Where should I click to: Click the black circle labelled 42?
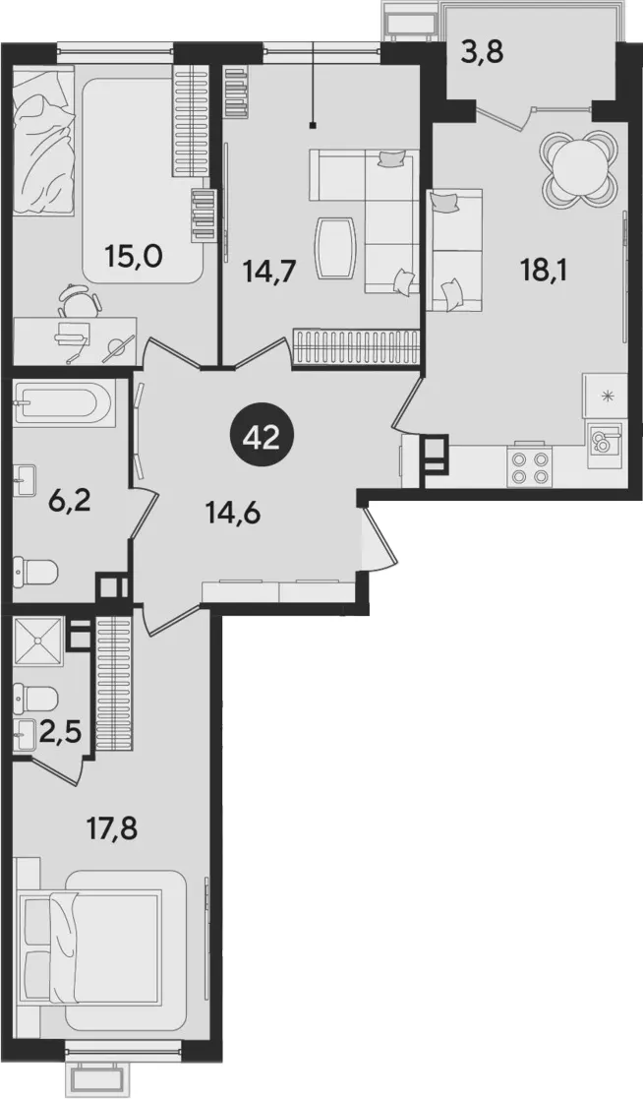(x=261, y=438)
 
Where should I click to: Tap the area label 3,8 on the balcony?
(x=483, y=52)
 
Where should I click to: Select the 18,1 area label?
(x=544, y=269)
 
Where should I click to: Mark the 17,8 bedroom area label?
(x=110, y=829)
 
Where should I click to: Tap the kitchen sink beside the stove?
(x=604, y=442)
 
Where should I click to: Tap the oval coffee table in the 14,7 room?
(x=336, y=249)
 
